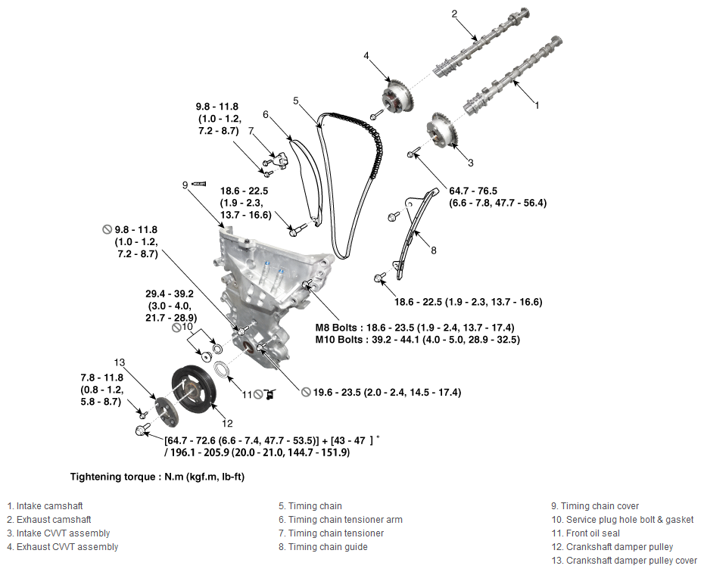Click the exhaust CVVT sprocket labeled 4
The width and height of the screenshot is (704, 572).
pos(397,96)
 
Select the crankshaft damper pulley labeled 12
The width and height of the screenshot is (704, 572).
pos(195,391)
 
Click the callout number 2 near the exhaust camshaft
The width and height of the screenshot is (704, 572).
pos(454,14)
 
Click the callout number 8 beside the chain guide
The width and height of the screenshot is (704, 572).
pos(433,250)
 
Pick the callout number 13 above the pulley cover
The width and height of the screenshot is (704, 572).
pos(120,362)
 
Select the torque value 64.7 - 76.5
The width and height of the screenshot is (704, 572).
pos(473,191)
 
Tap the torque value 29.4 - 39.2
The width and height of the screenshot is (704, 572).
pos(170,294)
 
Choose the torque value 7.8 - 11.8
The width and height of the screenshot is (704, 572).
pos(102,378)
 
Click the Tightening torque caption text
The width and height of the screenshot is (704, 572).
pos(157,477)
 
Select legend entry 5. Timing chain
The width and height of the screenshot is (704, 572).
pos(310,506)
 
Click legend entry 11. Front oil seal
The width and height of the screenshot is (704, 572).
pos(585,533)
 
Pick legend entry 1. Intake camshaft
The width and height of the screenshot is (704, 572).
pos(45,506)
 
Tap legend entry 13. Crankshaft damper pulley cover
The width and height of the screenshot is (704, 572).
pos(624,561)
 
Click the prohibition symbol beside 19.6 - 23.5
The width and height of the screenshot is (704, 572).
pos(306,392)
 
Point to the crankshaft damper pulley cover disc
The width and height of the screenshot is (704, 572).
pos(166,411)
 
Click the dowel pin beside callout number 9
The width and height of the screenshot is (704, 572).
pos(198,184)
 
